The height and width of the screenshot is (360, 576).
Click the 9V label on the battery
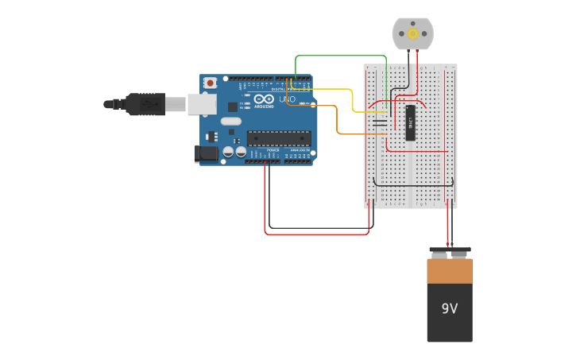tap(449, 308)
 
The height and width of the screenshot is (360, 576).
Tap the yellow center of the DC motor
tap(412, 33)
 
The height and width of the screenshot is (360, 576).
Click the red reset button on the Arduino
tap(210, 82)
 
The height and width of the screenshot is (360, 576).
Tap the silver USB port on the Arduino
tap(202, 103)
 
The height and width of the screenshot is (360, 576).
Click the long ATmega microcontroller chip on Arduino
tap(278, 138)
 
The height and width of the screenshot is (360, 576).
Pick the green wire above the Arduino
tap(342, 56)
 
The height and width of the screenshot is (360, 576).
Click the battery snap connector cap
tap(450, 254)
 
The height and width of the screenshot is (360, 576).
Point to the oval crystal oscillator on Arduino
tap(230, 122)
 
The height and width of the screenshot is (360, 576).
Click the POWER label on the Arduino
tap(273, 149)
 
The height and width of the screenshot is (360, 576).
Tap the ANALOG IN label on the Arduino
tap(300, 149)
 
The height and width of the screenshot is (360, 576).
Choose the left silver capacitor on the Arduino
tap(228, 151)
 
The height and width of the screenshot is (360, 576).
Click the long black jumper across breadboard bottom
tap(413, 185)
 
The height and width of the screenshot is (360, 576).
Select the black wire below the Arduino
tap(318, 228)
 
